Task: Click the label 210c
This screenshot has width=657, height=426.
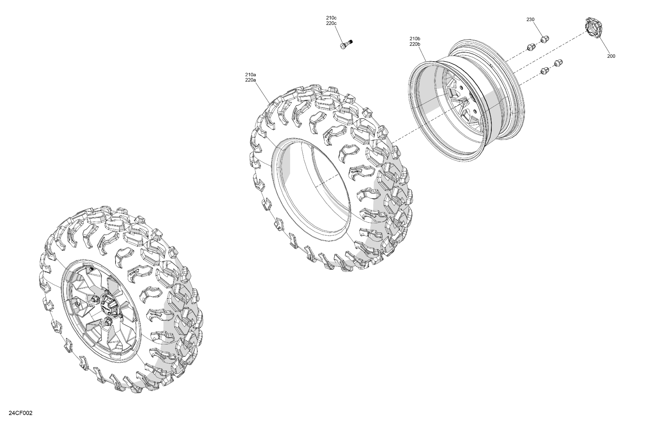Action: (331, 18)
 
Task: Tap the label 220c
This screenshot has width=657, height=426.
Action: (331, 24)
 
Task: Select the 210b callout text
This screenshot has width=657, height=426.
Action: (415, 39)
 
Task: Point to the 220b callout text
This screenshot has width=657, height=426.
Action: (415, 44)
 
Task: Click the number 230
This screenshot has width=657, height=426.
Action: (530, 20)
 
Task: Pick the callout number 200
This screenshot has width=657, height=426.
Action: (611, 56)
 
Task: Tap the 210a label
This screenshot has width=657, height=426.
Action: (250, 74)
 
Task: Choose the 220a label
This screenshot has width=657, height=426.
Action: (250, 80)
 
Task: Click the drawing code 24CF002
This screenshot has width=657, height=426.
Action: (21, 413)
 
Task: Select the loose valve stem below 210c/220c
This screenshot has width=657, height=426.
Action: (347, 44)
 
